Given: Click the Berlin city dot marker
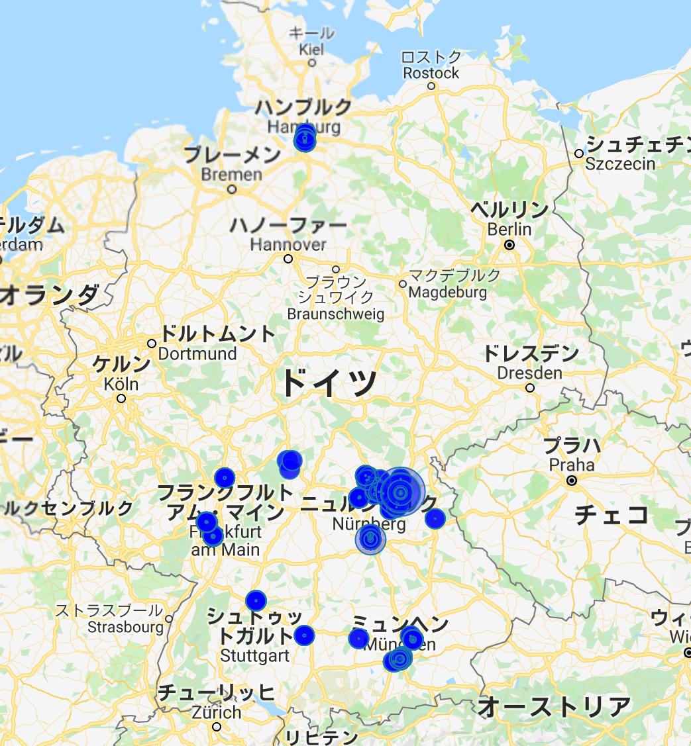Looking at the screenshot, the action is (509, 245).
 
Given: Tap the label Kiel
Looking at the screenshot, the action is (312, 49).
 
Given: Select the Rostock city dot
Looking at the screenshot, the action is (431, 86).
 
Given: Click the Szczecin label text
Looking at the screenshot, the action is (620, 163).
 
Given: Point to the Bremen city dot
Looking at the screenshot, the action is (232, 189).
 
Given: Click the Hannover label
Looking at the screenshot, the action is (288, 244).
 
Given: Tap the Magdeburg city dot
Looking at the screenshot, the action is (402, 284).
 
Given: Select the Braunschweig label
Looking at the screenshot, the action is (336, 314).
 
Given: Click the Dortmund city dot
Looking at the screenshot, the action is (152, 344).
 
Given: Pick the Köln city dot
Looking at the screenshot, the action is (121, 398).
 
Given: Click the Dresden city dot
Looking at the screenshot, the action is (530, 388).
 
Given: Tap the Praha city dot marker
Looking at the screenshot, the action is (572, 481).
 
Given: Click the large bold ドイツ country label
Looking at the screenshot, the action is (329, 383).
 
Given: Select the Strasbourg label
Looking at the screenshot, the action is (125, 626).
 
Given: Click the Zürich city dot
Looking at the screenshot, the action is (217, 727).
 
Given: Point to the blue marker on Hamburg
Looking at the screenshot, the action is (305, 139).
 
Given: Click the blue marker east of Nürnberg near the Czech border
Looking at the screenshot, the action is (435, 518).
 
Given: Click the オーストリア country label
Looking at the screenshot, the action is (554, 707).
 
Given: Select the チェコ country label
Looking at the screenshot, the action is (611, 514).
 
